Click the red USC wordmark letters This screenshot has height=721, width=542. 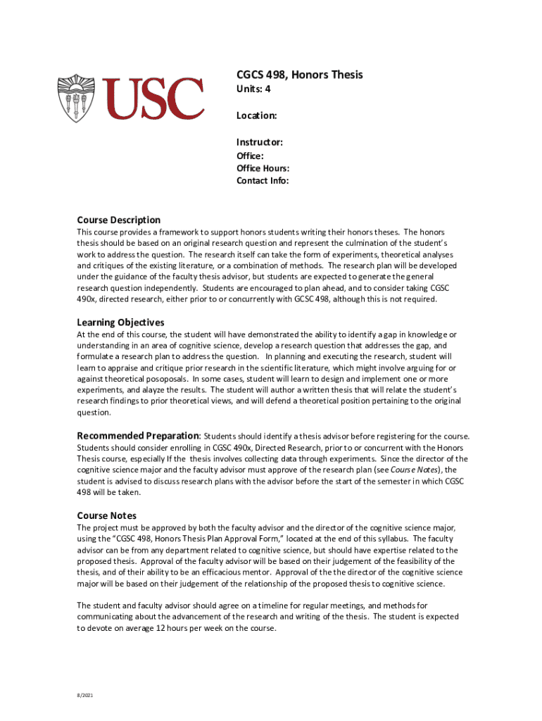coord(153,99)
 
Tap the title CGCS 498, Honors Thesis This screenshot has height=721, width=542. coord(299,75)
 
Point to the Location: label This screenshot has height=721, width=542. coord(256,115)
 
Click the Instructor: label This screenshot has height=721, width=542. coord(260,142)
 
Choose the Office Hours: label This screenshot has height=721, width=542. coord(263,168)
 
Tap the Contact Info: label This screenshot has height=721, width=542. coord(263,181)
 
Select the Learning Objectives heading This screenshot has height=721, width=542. coord(120,322)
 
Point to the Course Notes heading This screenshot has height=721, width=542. coord(106,515)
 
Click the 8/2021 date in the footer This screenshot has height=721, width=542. coord(84,696)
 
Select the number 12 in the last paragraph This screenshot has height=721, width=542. coord(161,629)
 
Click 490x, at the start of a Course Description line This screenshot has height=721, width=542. coord(88,299)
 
